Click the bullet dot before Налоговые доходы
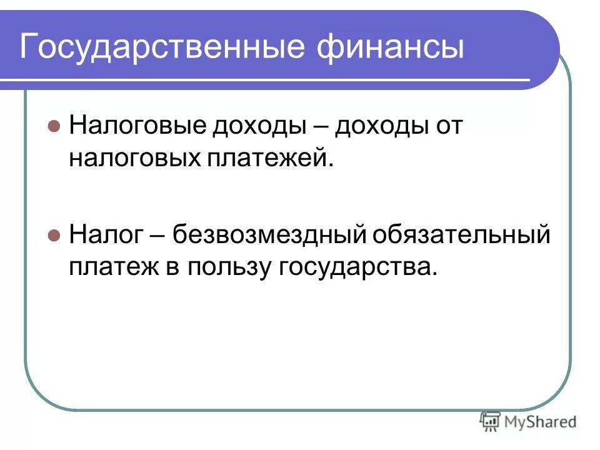tap(54, 125)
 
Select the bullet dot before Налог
tap(54, 236)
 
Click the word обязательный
tap(462, 236)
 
